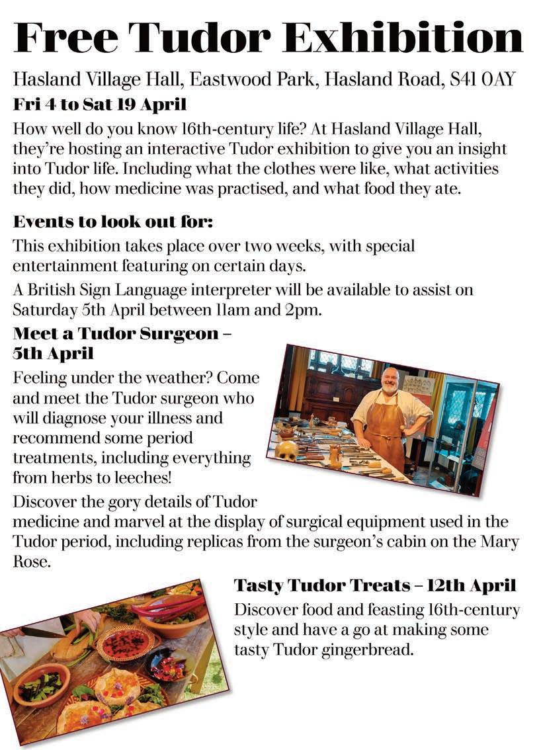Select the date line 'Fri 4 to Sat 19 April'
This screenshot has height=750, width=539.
[100, 104]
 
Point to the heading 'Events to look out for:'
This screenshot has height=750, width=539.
[112, 222]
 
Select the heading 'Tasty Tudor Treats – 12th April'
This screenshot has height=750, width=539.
[374, 586]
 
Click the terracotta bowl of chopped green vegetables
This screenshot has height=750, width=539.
[41, 685]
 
